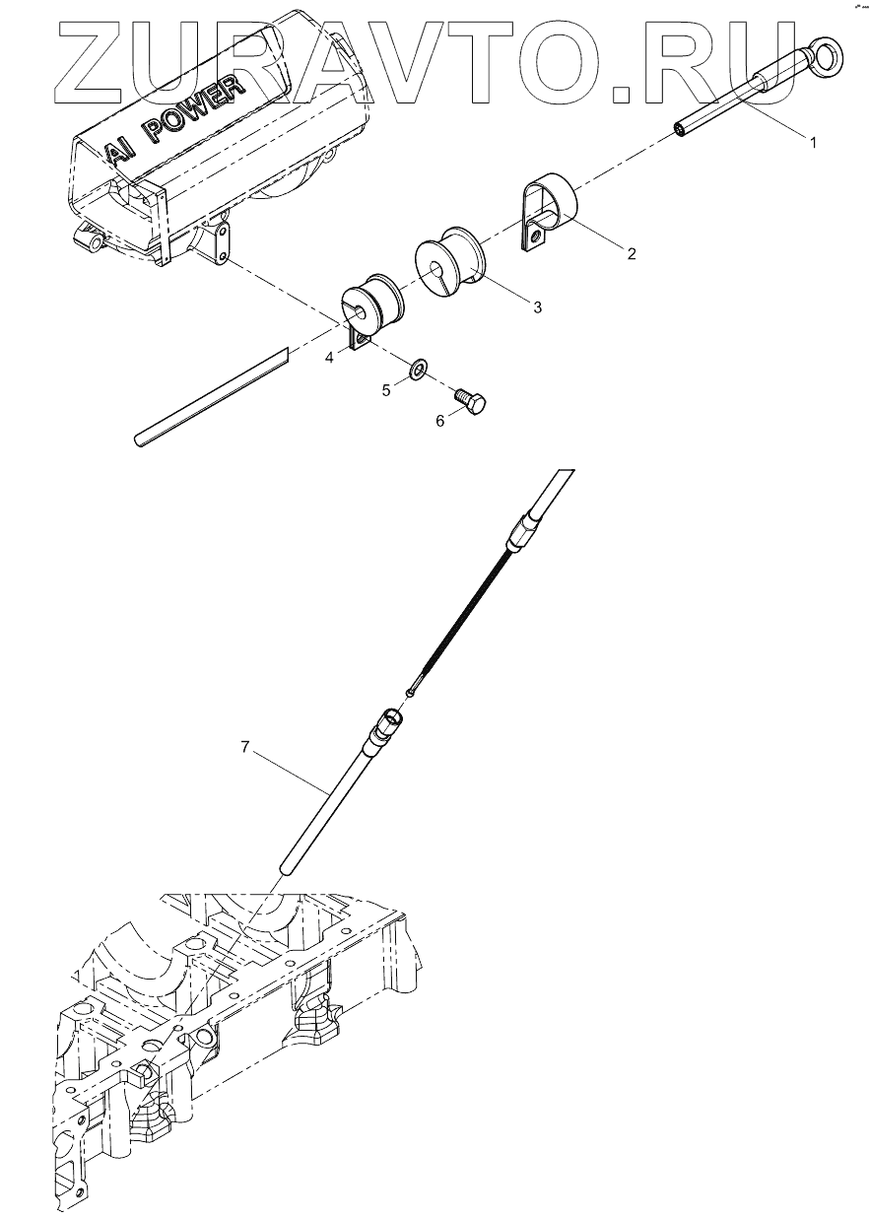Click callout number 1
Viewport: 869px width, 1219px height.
tap(813, 143)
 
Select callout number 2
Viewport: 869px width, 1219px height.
tap(632, 253)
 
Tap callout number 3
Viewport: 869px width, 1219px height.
tap(537, 307)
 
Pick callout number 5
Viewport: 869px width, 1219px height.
tap(387, 390)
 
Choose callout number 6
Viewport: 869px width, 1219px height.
tap(441, 420)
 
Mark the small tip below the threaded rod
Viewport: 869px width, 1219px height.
tap(410, 693)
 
